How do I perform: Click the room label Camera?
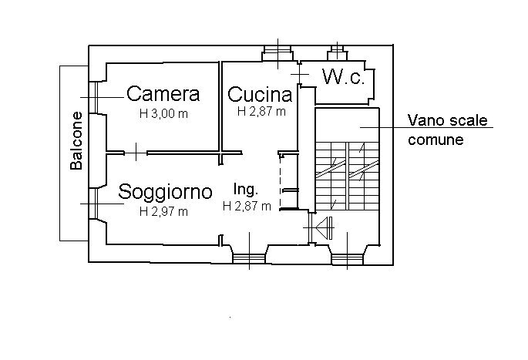[x=163, y=94]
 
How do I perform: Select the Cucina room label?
[x=261, y=95]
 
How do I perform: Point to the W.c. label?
[x=343, y=77]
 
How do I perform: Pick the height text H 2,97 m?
[x=163, y=210]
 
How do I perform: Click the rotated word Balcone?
[x=77, y=141]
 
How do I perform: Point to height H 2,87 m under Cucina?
[x=261, y=112]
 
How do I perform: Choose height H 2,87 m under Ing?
[x=247, y=206]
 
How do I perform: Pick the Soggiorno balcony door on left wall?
[x=96, y=203]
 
